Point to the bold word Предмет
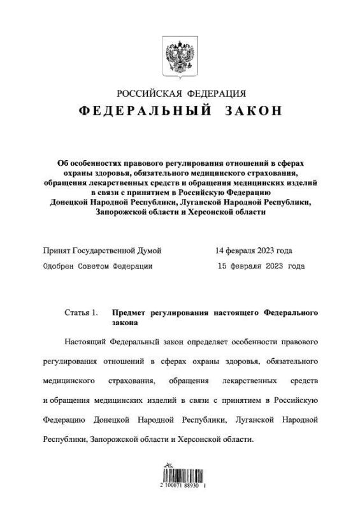click(x=130, y=313)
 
